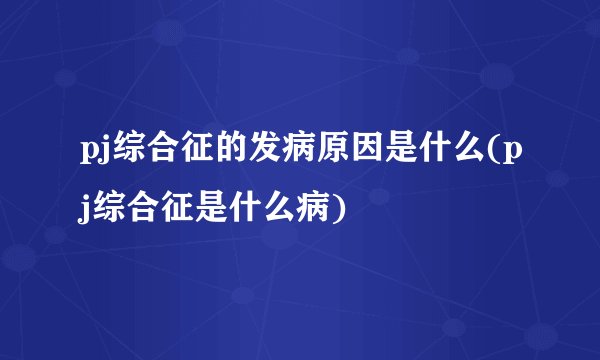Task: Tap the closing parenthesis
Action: pos(346,211)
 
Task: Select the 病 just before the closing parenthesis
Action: pos(321,210)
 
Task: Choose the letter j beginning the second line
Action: pos(86,212)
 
